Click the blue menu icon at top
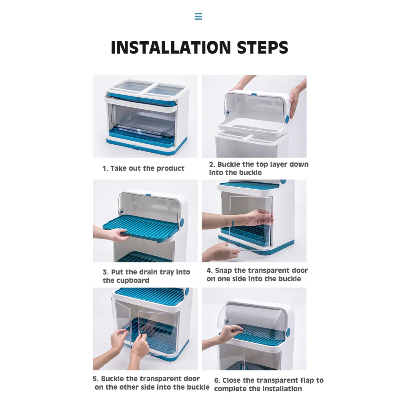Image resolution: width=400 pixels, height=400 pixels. (x=198, y=16)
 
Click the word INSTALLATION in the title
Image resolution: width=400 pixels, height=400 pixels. (x=171, y=48)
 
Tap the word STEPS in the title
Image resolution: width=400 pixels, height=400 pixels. (x=262, y=48)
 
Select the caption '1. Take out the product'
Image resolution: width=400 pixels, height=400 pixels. (x=143, y=168)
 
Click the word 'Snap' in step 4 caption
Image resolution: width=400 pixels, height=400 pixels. (x=224, y=271)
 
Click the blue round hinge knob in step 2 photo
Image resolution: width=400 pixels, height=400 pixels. (x=287, y=119)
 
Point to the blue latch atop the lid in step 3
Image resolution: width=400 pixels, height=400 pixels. (x=148, y=195)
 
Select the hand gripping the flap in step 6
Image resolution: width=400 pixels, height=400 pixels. (x=230, y=333)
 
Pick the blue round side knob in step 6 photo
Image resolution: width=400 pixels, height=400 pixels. (x=288, y=332)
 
